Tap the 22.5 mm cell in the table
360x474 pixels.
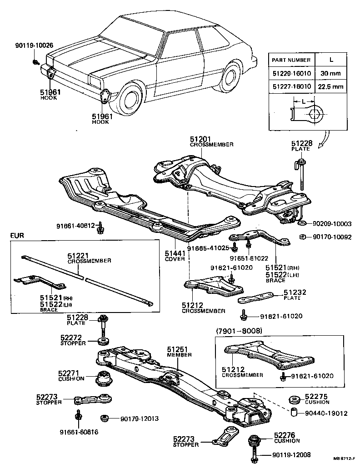(330, 86)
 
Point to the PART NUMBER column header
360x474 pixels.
(291, 60)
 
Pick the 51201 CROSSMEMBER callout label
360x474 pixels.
(211, 141)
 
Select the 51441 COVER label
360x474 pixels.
(175, 256)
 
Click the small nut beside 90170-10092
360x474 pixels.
(302, 237)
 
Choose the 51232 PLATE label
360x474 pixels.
(292, 295)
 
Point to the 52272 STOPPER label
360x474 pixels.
(73, 341)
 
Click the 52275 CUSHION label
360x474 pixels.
(317, 399)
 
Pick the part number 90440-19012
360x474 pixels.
(326, 413)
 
